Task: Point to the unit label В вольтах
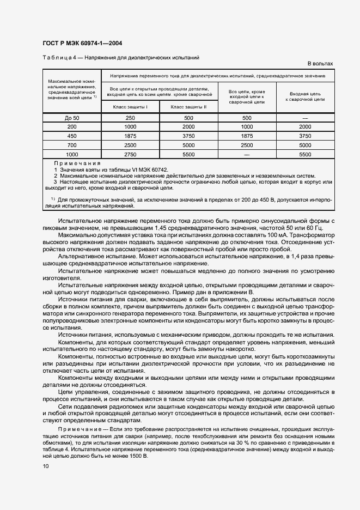pyautogui.click(x=320, y=64)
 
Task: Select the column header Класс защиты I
pyautogui.click(x=130, y=107)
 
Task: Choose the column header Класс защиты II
pyautogui.click(x=188, y=107)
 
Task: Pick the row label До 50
pyautogui.click(x=72, y=118)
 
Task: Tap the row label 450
pyautogui.click(x=72, y=136)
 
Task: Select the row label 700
pyautogui.click(x=72, y=145)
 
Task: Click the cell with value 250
pyautogui.click(x=130, y=118)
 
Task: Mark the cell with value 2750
pyautogui.click(x=130, y=154)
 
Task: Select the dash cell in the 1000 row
pyautogui.click(x=247, y=154)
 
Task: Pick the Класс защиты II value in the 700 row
pyautogui.click(x=188, y=145)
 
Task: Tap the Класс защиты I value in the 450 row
pyautogui.click(x=130, y=136)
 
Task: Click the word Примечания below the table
pyautogui.click(x=77, y=163)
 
